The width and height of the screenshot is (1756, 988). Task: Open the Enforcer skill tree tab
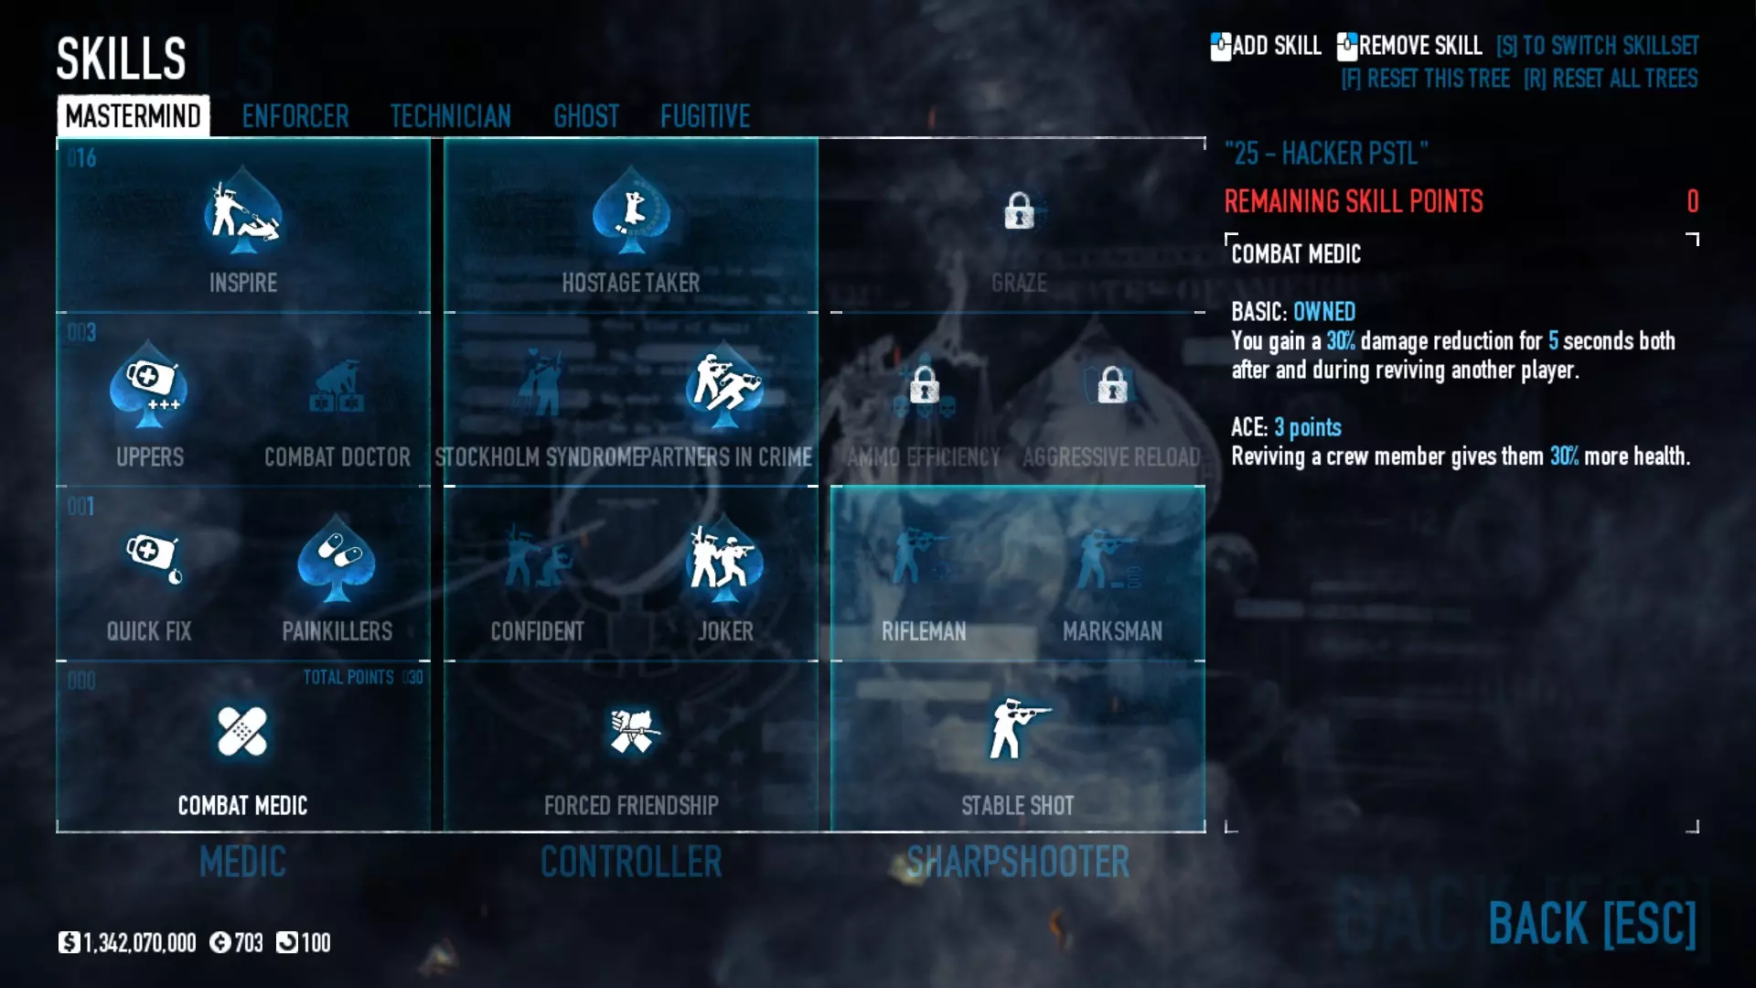click(x=294, y=116)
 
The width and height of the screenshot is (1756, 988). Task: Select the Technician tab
click(x=450, y=116)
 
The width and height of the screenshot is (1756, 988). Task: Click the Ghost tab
click(x=585, y=116)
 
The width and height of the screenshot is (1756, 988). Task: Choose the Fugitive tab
click(x=704, y=116)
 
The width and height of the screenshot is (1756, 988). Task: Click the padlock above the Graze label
click(x=1018, y=211)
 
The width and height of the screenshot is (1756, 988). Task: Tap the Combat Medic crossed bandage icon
click(x=242, y=732)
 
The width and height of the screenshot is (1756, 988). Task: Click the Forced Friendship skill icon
click(x=631, y=732)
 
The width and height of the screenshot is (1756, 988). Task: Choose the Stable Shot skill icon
click(x=1017, y=730)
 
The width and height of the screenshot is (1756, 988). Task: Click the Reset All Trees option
click(x=1611, y=79)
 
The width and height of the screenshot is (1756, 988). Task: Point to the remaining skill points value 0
click(x=1692, y=201)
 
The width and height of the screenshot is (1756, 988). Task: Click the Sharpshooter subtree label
click(x=1018, y=862)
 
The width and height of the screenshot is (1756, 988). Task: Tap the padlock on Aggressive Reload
click(x=1112, y=385)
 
